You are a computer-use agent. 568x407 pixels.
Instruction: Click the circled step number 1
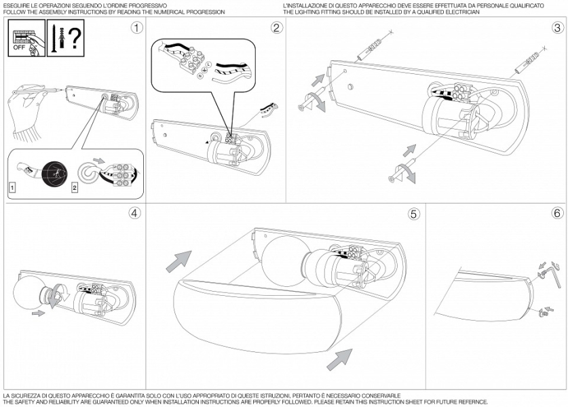point(138,28)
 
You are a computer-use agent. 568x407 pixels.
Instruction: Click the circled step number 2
point(276,28)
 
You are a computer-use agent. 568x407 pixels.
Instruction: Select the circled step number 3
point(557,28)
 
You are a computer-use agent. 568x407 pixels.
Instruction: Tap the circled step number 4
point(135,213)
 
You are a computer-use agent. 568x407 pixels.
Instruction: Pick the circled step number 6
point(557,213)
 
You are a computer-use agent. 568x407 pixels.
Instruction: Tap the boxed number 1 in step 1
point(13,185)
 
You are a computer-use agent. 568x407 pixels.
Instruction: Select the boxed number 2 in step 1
point(75,185)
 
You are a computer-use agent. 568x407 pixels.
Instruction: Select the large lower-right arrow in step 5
point(341,359)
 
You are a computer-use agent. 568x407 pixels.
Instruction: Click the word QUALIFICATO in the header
point(525,5)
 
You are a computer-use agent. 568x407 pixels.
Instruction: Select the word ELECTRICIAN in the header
point(462,12)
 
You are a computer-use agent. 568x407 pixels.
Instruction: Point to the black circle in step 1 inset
point(51,170)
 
